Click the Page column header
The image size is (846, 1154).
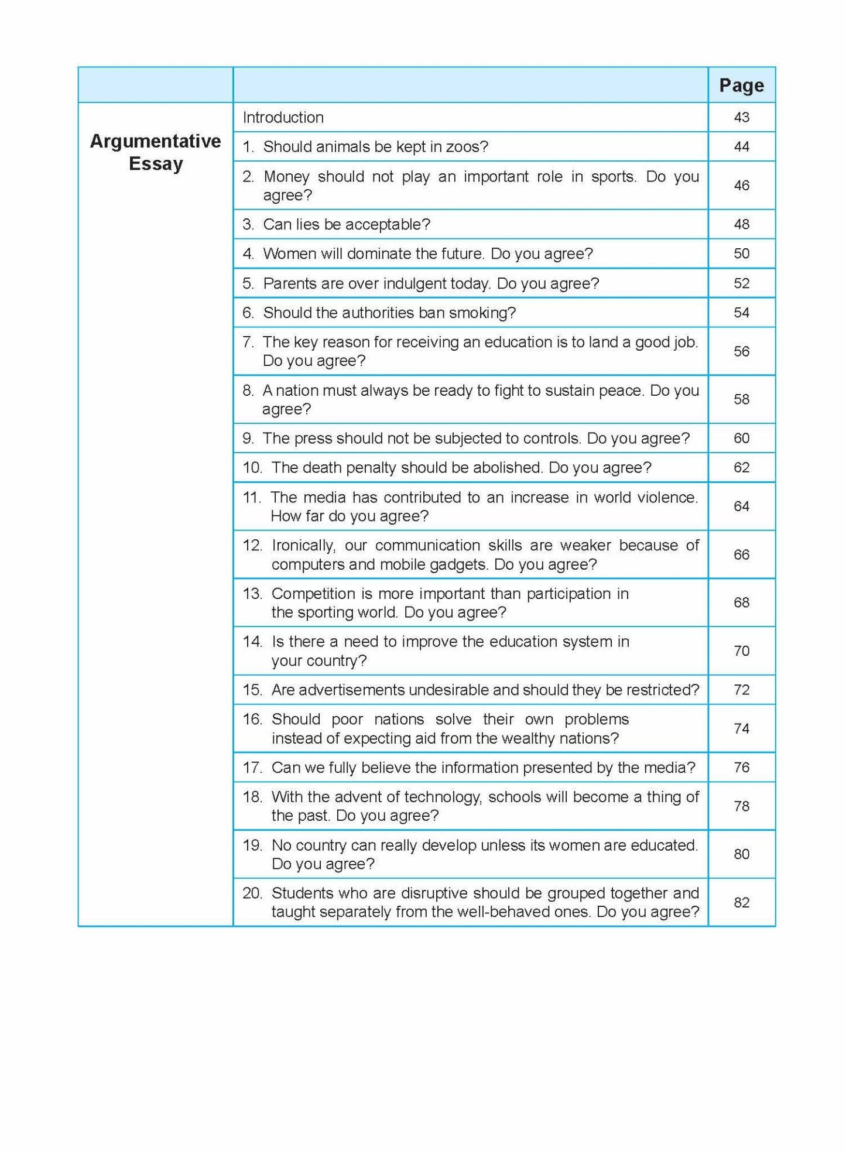point(741,85)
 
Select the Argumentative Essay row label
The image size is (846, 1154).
point(155,152)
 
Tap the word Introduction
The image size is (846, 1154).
point(283,118)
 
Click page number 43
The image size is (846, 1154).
point(741,118)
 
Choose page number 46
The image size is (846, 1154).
point(741,186)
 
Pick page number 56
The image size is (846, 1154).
point(741,351)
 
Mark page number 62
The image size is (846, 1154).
point(741,468)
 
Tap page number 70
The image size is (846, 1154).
point(741,651)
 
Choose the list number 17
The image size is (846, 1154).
point(252,768)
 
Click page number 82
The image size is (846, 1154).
point(741,903)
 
